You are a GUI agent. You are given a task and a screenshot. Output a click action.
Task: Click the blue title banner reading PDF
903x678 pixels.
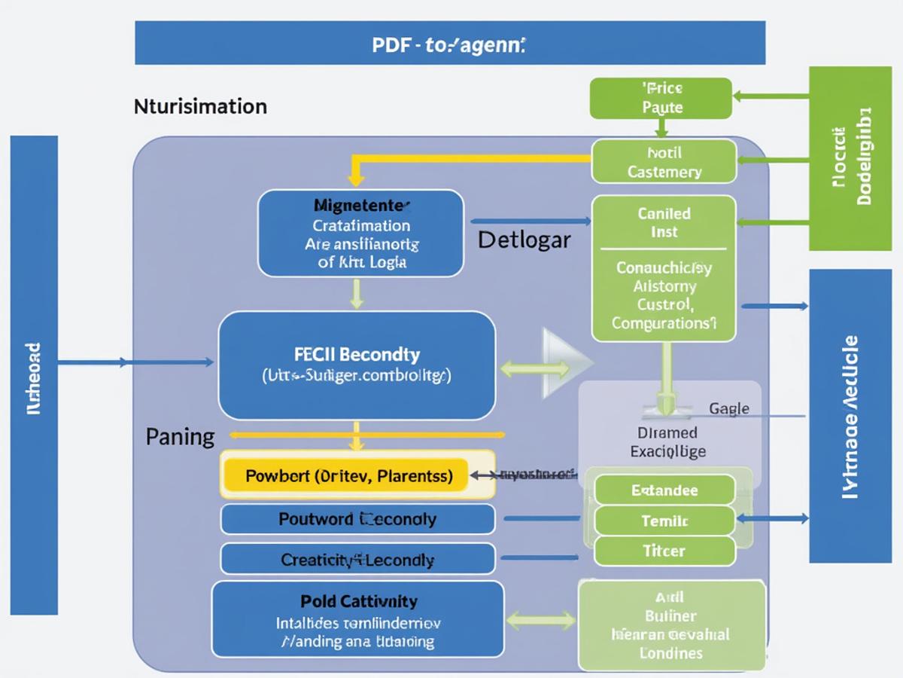tap(449, 44)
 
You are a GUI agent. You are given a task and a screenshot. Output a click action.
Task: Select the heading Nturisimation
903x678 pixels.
tap(200, 106)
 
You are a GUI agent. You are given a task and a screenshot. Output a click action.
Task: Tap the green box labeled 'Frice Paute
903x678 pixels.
tap(661, 98)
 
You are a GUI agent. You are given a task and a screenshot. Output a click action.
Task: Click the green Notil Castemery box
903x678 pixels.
tap(664, 161)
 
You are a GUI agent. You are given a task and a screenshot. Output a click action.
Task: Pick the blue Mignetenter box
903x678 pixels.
tap(361, 234)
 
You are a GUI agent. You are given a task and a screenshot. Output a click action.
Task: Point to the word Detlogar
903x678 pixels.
tap(524, 240)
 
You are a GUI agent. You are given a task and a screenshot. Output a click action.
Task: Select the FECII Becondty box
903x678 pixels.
tap(357, 365)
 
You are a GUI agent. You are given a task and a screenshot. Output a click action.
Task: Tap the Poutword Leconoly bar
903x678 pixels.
tap(357, 519)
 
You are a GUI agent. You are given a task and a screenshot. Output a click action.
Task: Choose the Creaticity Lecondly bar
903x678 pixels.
tap(357, 560)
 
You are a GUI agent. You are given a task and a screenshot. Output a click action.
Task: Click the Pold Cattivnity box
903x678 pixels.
tap(357, 620)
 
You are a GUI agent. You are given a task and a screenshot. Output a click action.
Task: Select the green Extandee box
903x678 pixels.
tap(664, 490)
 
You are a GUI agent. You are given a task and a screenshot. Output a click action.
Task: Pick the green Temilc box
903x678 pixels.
tap(664, 521)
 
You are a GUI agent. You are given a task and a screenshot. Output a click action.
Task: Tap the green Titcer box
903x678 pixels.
tap(664, 551)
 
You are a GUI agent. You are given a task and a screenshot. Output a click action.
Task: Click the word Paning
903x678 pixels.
tap(180, 437)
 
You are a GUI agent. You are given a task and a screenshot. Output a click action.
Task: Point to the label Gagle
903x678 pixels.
tap(728, 408)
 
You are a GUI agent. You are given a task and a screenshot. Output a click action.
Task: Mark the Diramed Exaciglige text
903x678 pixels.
tap(667, 442)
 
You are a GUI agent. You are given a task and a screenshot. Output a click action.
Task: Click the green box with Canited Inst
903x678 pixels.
tap(664, 268)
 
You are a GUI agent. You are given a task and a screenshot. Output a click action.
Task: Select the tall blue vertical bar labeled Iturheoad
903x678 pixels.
tap(34, 374)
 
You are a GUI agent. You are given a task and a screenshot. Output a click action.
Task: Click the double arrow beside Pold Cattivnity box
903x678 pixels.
tap(541, 621)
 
